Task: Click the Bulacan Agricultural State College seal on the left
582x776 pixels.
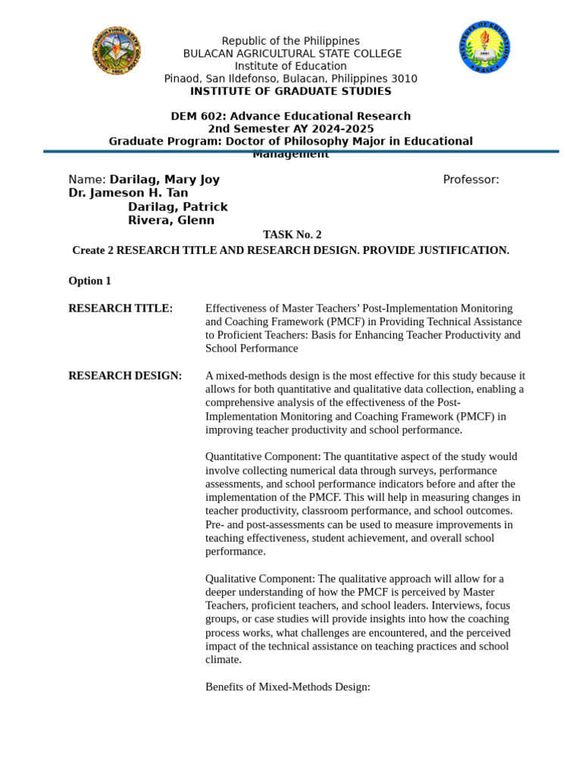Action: pyautogui.click(x=117, y=50)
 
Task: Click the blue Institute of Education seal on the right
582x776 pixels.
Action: pyautogui.click(x=484, y=47)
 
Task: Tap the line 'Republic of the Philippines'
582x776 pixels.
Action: pyautogui.click(x=290, y=41)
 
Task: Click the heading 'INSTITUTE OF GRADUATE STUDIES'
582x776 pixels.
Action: pyautogui.click(x=290, y=92)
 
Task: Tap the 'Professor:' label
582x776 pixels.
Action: pyautogui.click(x=471, y=180)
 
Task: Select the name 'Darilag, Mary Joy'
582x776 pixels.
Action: pyautogui.click(x=164, y=180)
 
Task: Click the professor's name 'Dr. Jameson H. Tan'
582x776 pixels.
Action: pyautogui.click(x=128, y=193)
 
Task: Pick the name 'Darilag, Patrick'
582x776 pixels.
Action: pyautogui.click(x=177, y=207)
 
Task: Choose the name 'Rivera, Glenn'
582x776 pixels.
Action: pyautogui.click(x=171, y=221)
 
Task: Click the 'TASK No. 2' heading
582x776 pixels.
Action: pyautogui.click(x=292, y=235)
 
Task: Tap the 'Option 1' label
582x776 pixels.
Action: pyautogui.click(x=89, y=281)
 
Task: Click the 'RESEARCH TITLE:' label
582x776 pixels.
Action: pyautogui.click(x=120, y=308)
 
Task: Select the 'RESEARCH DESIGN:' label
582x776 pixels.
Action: pyautogui.click(x=125, y=376)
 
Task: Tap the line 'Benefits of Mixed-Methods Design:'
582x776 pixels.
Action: pyautogui.click(x=287, y=687)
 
